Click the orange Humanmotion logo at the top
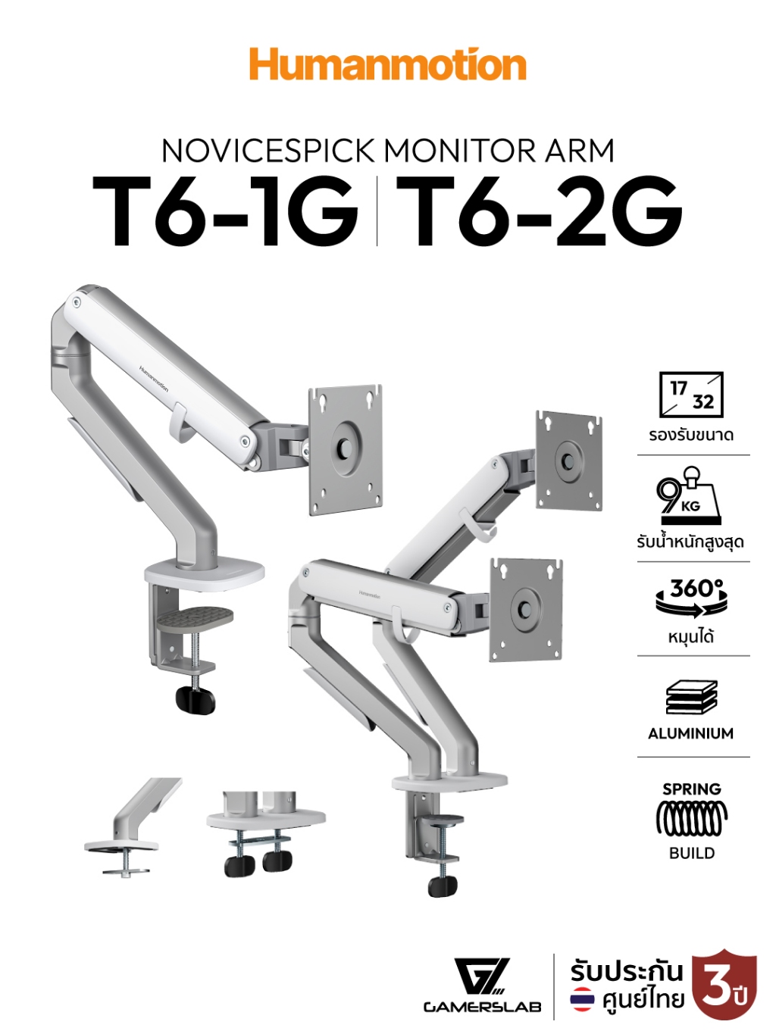tap(387, 64)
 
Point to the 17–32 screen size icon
tap(691, 395)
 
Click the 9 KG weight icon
tap(689, 495)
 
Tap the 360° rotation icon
tap(692, 598)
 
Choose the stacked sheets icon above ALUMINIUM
tap(691, 698)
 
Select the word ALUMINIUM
tap(690, 733)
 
